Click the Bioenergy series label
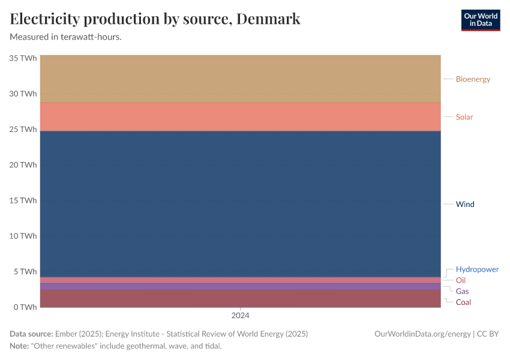point(473,79)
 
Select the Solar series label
point(464,117)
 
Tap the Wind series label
point(465,204)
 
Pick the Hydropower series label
point(477,269)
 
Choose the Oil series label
point(460,280)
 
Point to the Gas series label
point(462,291)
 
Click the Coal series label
point(463,302)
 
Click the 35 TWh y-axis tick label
point(23,58)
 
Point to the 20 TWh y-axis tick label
point(23,165)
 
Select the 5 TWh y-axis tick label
point(26,271)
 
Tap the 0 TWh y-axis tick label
point(26,307)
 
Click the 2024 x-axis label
point(240,315)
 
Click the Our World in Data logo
point(480,20)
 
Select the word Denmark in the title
point(268,19)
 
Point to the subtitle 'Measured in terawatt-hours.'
point(66,37)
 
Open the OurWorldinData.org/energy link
point(422,334)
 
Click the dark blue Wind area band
point(240,204)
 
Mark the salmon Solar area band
point(240,117)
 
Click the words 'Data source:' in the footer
point(31,334)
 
